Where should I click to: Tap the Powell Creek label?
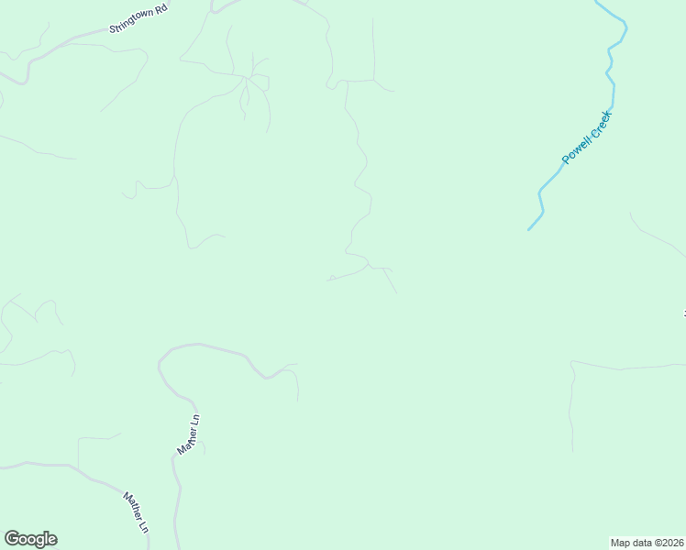click(586, 138)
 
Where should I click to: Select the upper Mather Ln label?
click(189, 434)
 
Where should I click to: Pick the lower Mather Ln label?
click(136, 513)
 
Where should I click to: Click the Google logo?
click(30, 539)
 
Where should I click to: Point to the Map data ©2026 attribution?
click(647, 542)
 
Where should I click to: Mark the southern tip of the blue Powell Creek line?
click(529, 229)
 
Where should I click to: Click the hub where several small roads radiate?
click(246, 80)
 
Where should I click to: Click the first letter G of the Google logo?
click(11, 539)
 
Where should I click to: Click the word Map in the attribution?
click(620, 542)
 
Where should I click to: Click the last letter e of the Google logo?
click(51, 540)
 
